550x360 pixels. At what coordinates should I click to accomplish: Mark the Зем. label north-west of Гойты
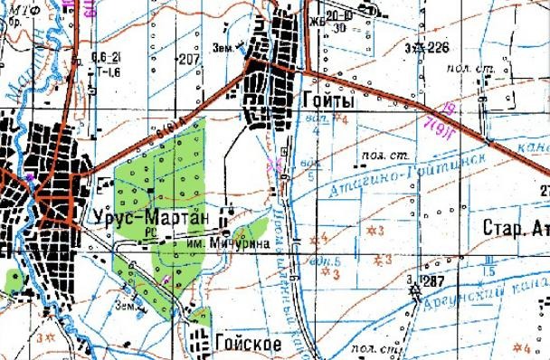click(x=223, y=44)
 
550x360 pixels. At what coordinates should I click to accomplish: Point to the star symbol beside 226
click(x=417, y=48)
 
